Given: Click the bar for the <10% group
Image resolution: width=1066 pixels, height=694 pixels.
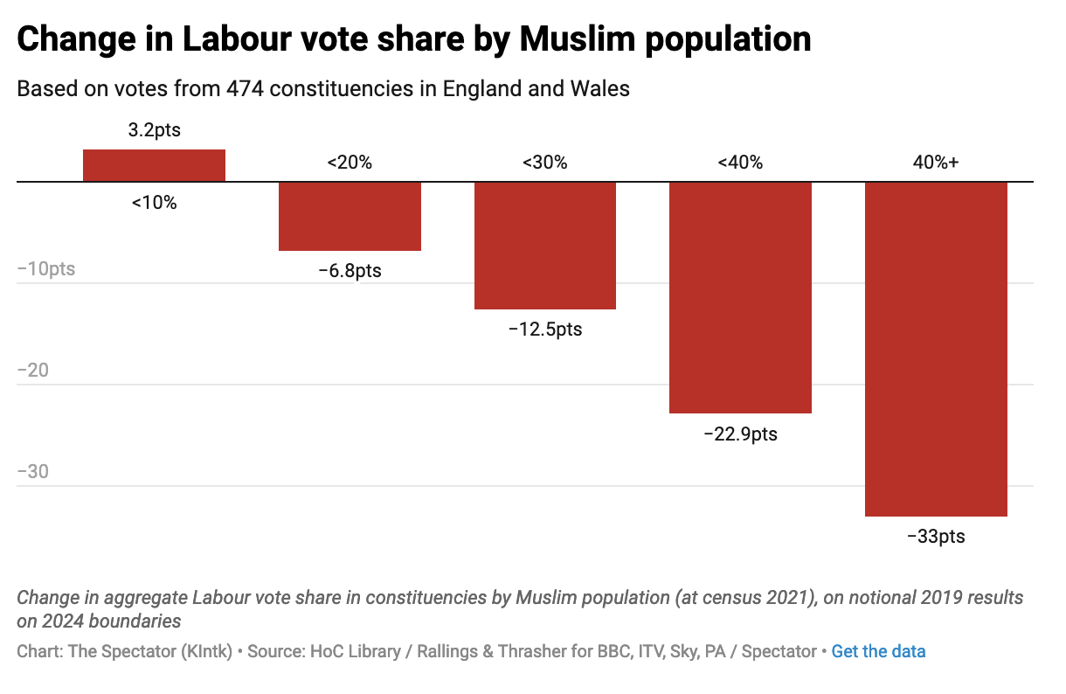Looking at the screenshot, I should click(x=154, y=166).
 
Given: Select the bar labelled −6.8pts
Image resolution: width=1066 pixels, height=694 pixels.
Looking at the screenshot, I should click(x=350, y=216).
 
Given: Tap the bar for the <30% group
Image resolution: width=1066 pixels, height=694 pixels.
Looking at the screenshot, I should click(x=545, y=246).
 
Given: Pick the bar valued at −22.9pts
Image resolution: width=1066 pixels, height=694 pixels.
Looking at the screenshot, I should click(x=740, y=297).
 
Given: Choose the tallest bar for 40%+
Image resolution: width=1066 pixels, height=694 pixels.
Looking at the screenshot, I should click(x=936, y=349).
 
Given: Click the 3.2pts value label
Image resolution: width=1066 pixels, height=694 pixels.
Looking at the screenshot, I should click(x=155, y=131).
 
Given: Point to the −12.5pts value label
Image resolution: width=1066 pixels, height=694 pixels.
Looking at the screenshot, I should click(x=545, y=330).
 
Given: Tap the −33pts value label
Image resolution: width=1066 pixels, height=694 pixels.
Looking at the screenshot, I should click(x=936, y=537).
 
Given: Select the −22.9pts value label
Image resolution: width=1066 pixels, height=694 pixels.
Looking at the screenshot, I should click(x=740, y=434).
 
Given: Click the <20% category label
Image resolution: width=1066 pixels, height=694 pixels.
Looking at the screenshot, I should click(x=350, y=163).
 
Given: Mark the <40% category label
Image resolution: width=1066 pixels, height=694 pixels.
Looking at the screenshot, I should click(x=740, y=163).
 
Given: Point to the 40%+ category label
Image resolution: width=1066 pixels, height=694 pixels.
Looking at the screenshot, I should click(x=936, y=163).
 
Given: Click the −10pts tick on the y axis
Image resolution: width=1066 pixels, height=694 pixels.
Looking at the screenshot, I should click(x=46, y=269).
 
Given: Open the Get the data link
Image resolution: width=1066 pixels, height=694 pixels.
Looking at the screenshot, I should click(x=878, y=651).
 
